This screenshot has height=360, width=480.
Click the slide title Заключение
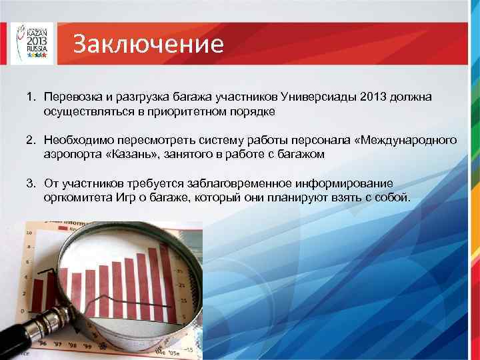tap(147, 44)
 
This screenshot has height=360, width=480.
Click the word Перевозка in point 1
tap(71, 97)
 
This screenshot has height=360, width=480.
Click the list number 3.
tap(31, 183)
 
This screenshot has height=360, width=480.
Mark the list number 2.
tap(31, 141)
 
